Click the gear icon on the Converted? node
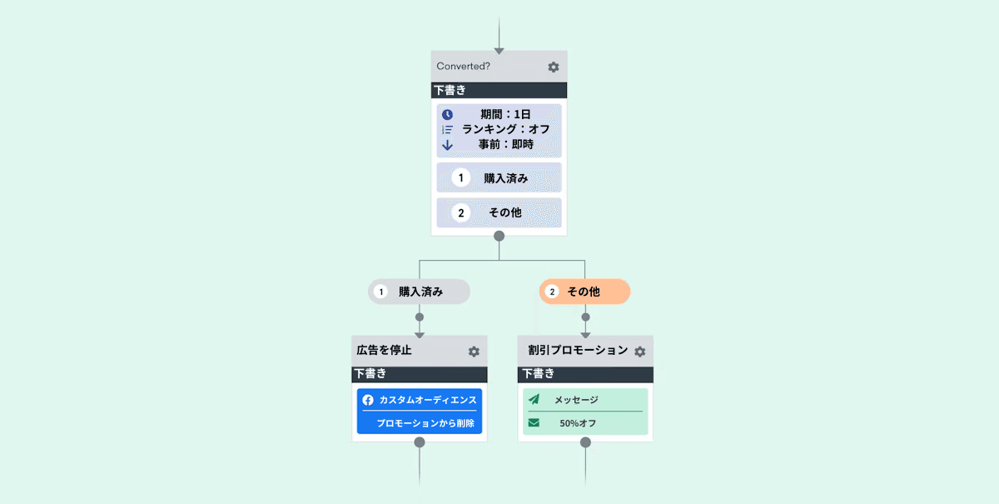[554, 67]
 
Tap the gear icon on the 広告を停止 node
[474, 352]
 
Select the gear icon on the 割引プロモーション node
[639, 352]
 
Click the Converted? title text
[463, 67]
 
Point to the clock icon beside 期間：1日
[447, 114]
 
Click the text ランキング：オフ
[505, 129]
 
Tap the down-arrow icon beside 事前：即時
[447, 144]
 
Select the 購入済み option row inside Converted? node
[499, 177]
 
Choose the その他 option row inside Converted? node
[499, 212]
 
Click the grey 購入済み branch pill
[420, 292]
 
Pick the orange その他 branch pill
[584, 292]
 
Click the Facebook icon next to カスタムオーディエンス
[368, 400]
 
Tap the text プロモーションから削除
[425, 423]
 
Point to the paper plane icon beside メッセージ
[534, 400]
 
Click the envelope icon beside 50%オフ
[534, 423]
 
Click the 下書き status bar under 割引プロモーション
[585, 374]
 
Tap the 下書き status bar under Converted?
[499, 90]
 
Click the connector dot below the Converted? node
[499, 236]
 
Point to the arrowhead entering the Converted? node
[499, 51]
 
